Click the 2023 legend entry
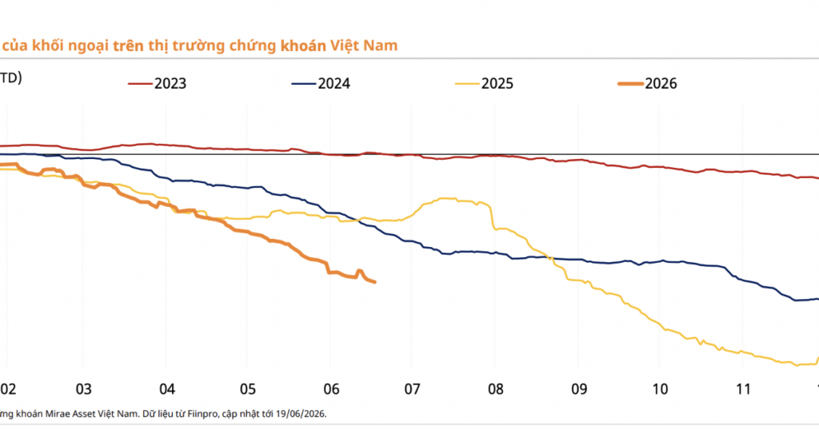point(158,83)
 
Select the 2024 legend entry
point(321,83)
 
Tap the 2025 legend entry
point(484,83)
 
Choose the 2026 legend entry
point(648,83)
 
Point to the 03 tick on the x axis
point(83,389)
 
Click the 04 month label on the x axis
point(167,389)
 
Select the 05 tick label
point(248,389)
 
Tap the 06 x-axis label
point(331,389)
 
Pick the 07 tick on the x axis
point(412,389)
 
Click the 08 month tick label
point(496,389)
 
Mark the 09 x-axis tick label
point(579,389)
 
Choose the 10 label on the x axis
point(660,389)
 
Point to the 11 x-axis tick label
point(743,389)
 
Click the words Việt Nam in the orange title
point(364,46)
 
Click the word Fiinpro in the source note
point(202,414)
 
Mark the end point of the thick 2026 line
point(374,282)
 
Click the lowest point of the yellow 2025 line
point(797,364)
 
